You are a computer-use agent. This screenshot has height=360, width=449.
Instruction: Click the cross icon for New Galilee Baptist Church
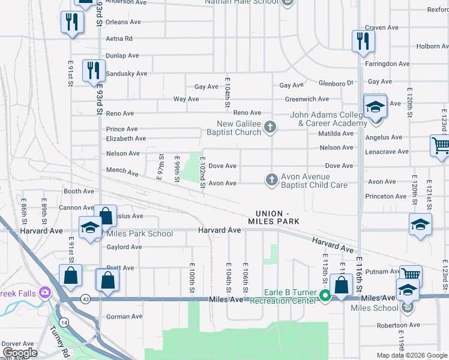(x=271, y=127)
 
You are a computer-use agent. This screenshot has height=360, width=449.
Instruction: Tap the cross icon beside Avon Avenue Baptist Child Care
(x=271, y=179)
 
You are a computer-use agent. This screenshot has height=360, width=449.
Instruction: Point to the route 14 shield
(x=64, y=322)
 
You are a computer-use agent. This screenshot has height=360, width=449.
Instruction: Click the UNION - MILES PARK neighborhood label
(x=277, y=218)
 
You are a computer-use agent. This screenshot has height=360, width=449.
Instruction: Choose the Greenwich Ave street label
(x=307, y=99)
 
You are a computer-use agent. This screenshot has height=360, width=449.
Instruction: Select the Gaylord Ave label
(x=124, y=247)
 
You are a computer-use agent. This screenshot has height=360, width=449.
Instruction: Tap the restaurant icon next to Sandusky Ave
(x=92, y=70)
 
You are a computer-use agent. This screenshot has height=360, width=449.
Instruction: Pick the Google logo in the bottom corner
(x=20, y=353)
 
